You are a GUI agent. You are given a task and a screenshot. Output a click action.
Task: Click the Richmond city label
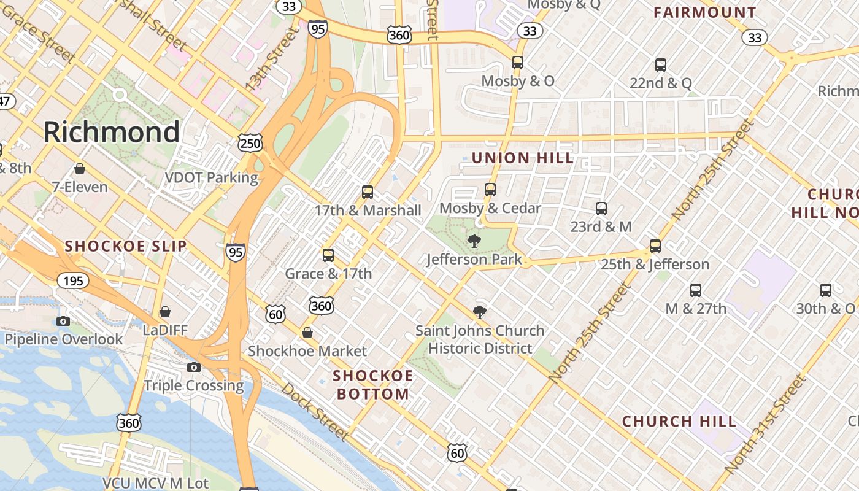point(112,132)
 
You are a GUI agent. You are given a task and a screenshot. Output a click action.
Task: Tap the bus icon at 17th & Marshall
point(368,192)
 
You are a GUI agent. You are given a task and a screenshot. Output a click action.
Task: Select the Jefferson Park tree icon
point(474,241)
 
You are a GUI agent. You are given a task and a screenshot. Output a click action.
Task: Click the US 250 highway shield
point(250,144)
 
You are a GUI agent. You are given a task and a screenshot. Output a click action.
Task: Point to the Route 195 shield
point(74,281)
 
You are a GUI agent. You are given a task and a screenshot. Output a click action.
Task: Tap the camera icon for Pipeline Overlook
point(63,321)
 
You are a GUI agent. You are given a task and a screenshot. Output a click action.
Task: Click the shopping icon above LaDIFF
point(164,312)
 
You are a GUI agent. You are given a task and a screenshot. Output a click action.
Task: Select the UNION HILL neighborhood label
point(523,158)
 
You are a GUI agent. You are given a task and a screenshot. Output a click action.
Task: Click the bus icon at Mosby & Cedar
point(490,190)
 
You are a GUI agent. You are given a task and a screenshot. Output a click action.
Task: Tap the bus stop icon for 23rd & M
point(601,209)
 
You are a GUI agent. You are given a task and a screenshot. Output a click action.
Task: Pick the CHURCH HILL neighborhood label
point(679,422)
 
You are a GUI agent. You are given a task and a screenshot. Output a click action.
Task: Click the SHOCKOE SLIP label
point(126,247)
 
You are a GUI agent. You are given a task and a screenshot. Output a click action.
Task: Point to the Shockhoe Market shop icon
point(307,333)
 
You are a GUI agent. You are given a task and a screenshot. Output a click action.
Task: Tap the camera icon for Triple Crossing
point(194,367)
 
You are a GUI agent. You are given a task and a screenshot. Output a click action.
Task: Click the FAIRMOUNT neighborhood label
point(704,13)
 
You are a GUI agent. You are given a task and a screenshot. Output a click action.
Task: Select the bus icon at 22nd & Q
point(661,64)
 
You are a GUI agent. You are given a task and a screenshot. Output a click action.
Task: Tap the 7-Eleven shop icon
point(79,169)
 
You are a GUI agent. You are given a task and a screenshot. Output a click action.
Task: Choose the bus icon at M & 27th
point(695,290)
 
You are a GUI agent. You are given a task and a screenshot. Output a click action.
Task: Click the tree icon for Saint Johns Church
point(480,312)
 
